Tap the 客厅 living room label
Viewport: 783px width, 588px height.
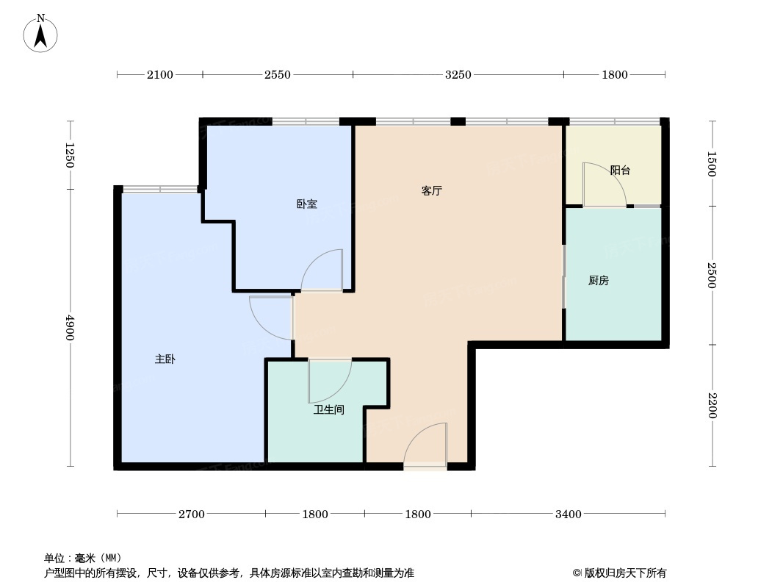coord(432,191)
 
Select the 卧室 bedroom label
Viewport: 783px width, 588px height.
coord(307,204)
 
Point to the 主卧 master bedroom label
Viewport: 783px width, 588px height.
coord(165,359)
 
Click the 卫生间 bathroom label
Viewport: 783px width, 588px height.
coord(329,410)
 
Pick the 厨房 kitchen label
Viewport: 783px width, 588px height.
coord(599,281)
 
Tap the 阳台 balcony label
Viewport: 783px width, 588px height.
coord(621,171)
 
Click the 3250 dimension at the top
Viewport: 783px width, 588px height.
coord(458,74)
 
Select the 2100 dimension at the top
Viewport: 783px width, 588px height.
coord(159,74)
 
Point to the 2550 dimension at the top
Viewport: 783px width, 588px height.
coord(278,74)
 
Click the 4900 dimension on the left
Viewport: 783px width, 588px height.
coord(71,328)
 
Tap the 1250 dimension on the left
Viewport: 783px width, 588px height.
coord(71,155)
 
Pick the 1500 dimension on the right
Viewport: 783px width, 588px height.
coord(711,164)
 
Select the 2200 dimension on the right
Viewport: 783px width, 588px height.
coord(711,406)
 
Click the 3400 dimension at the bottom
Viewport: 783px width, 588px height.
coord(569,514)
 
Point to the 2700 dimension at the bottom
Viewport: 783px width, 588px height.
coord(191,514)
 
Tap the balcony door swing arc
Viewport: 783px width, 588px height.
coord(602,184)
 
